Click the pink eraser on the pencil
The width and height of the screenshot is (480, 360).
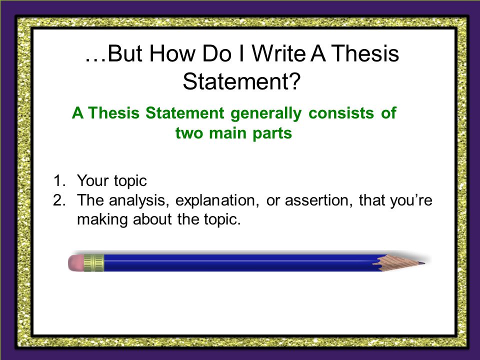75,262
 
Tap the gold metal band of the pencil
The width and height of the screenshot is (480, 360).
93,262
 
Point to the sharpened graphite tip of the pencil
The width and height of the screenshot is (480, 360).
422,262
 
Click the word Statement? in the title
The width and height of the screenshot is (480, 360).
242,81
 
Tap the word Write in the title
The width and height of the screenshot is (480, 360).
278,53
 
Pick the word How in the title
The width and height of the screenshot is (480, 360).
172,53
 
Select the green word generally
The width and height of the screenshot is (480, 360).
266,113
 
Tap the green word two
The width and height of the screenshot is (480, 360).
189,133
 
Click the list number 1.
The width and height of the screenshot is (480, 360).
59,180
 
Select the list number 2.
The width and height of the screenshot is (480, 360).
59,200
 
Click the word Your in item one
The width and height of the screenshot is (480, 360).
92,180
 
